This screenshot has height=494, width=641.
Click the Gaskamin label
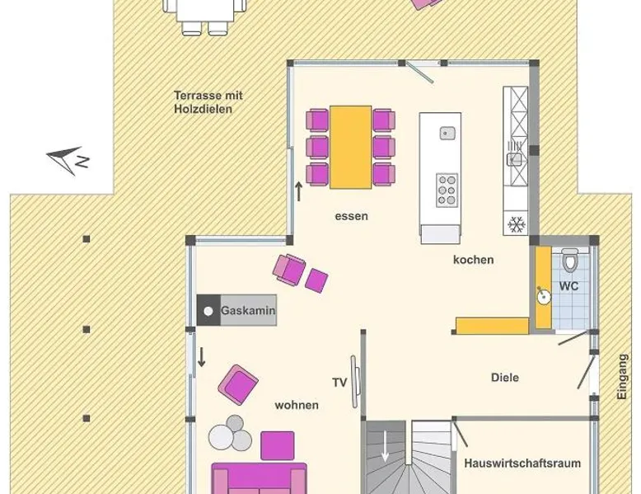[248, 310]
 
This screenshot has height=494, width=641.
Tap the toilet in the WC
[569, 260]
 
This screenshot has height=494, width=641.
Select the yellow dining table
[351, 148]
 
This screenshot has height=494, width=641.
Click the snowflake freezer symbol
[516, 224]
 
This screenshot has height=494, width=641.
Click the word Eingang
[622, 377]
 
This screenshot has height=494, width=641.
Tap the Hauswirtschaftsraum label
[522, 463]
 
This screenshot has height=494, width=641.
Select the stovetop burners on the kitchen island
[447, 191]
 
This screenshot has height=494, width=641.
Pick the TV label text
[339, 383]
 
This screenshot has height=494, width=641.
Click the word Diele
[505, 378]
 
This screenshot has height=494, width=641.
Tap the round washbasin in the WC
[544, 297]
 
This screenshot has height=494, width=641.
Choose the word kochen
[474, 260]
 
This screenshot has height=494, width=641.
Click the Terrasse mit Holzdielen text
[208, 102]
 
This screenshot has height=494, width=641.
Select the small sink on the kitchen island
[447, 133]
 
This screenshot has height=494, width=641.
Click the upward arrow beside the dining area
[299, 191]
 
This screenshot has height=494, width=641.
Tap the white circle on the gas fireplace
[208, 311]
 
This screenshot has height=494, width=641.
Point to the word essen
[352, 216]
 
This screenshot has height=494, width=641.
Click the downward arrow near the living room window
[201, 357]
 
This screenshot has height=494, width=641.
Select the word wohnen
[297, 405]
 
